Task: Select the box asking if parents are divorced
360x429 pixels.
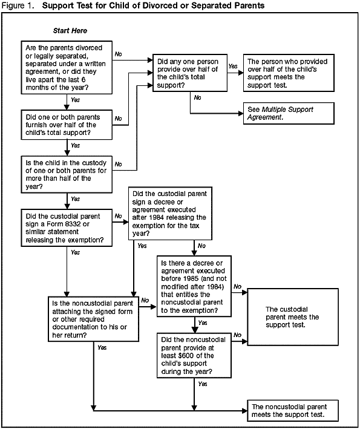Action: click(x=65, y=67)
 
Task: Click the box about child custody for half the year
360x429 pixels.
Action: click(x=65, y=174)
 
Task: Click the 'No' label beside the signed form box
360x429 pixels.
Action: click(x=145, y=300)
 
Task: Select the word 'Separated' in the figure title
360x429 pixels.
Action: click(x=224, y=5)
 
